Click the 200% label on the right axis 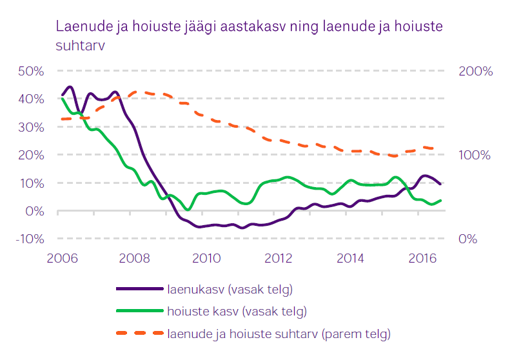475,71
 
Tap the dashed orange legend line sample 138,334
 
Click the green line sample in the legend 138,312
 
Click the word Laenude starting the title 80,28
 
